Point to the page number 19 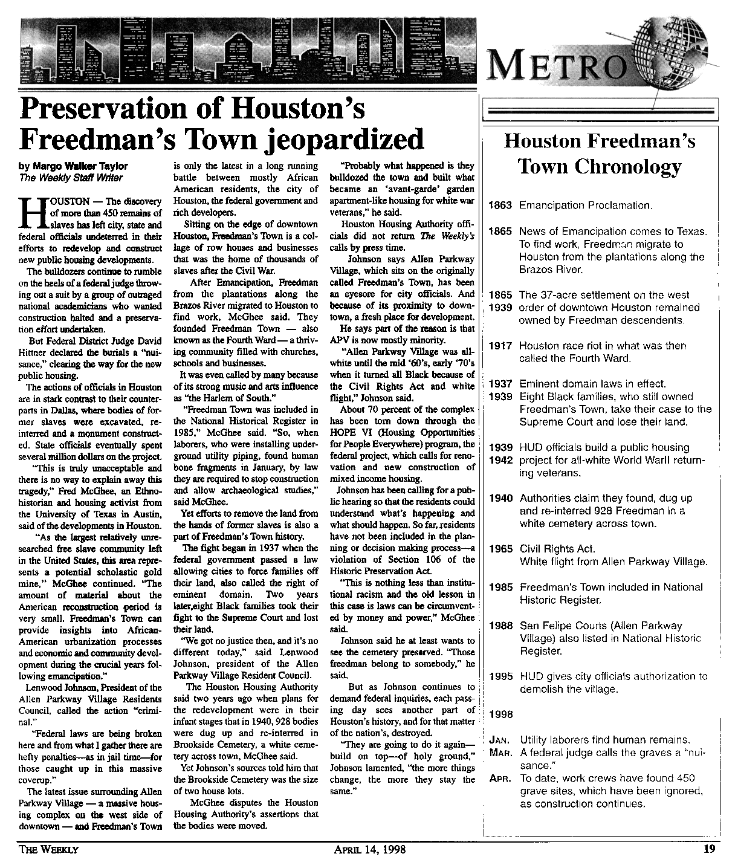(x=710, y=849)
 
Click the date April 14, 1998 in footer (x=369, y=849)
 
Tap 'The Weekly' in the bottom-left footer (x=49, y=849)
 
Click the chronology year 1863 (x=500, y=206)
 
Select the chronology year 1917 (x=500, y=346)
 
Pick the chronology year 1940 (x=500, y=498)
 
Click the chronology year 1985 (x=500, y=587)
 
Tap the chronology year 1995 (x=500, y=677)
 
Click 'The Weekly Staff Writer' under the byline (x=71, y=178)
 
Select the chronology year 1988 (x=500, y=626)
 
